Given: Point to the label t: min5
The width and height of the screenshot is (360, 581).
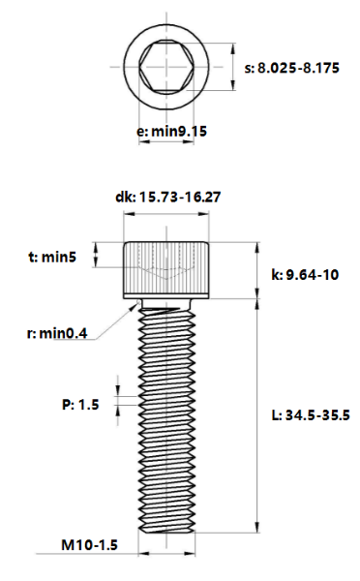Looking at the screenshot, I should point(51,257).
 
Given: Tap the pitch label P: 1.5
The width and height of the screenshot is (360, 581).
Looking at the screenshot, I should point(80,405).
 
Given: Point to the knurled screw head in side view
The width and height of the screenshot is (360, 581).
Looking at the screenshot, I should point(166,269).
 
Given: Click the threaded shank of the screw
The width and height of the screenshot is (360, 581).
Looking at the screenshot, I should point(166,416).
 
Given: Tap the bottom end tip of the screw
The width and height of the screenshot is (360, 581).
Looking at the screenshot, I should point(166,531).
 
